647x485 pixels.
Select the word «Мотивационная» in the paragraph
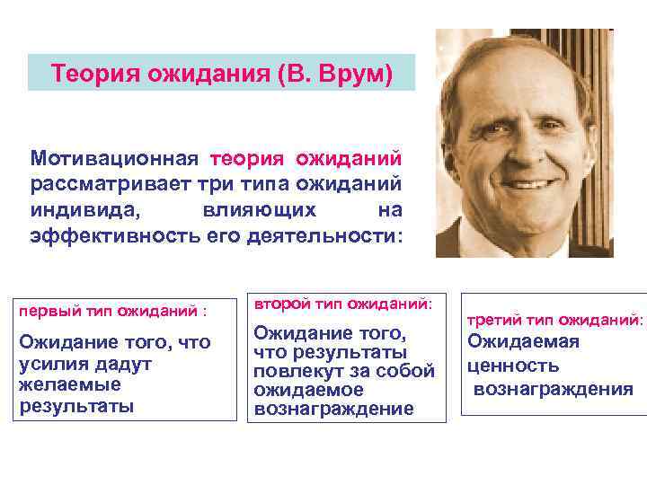(x=113, y=158)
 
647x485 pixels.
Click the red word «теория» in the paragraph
(x=247, y=158)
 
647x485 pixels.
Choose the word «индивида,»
(x=82, y=210)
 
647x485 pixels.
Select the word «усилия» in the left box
(x=49, y=365)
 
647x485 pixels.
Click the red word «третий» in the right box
(x=492, y=320)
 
